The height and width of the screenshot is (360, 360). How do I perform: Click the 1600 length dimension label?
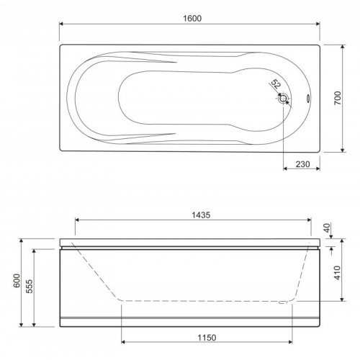[x=192, y=19]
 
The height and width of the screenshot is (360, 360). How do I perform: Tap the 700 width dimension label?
[x=338, y=98]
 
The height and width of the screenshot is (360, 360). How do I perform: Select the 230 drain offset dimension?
[x=302, y=164]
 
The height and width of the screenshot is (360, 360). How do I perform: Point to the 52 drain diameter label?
[x=276, y=84]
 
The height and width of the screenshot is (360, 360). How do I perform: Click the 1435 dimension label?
[x=201, y=215]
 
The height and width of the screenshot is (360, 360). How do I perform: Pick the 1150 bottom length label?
[x=207, y=338]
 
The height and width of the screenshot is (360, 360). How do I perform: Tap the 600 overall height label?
[x=17, y=280]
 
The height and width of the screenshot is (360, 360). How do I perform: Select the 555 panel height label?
[x=30, y=286]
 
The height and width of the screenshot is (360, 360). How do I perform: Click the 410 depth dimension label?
[x=338, y=273]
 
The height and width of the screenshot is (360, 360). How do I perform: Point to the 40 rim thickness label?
[x=328, y=228]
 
